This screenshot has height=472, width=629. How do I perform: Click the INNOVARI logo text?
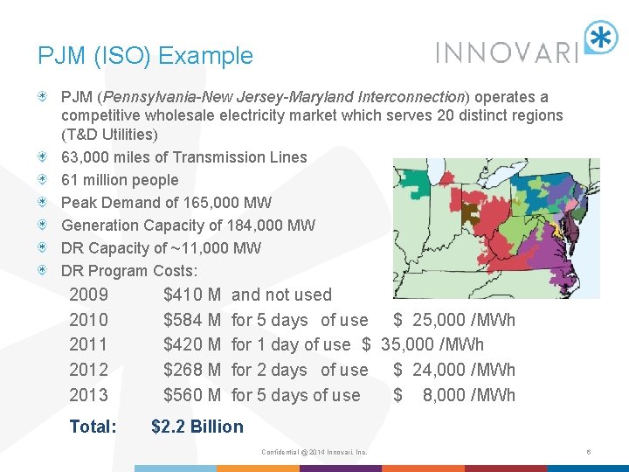tap(508, 52)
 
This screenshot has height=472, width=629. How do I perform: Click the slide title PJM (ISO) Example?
tap(145, 56)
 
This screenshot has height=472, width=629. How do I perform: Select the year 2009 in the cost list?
tap(88, 295)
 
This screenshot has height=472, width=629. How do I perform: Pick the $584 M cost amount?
tap(191, 320)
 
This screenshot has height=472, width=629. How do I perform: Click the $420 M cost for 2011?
tap(191, 344)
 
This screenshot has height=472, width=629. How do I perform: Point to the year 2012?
tap(88, 370)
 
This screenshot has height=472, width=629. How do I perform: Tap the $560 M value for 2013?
tap(191, 395)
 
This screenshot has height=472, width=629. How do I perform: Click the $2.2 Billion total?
tap(197, 427)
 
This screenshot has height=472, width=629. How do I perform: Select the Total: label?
tap(93, 427)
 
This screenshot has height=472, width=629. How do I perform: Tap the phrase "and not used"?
tap(281, 295)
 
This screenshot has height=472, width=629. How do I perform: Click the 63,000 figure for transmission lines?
tap(86, 157)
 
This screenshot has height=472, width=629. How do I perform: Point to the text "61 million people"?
tap(120, 180)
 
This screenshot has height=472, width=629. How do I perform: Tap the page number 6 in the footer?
tap(590, 452)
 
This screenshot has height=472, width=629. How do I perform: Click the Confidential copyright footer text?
tap(314, 452)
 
